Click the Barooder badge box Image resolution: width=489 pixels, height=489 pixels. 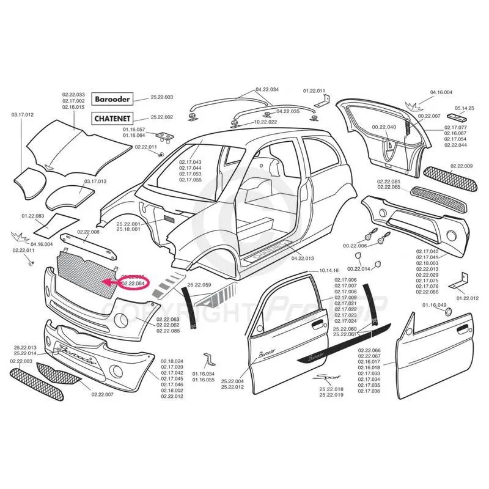112,98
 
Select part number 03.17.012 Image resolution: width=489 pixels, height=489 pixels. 23,114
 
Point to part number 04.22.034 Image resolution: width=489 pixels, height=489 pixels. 267,89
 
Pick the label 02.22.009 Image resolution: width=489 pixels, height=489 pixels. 461,166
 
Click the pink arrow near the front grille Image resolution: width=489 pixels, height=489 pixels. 111,282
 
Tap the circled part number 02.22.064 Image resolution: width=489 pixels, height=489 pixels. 133,284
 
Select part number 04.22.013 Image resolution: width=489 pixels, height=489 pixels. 303,258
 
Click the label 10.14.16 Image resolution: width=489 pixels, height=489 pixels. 328,270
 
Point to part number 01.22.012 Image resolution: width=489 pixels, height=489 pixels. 467,298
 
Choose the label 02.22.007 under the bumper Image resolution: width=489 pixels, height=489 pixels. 103,395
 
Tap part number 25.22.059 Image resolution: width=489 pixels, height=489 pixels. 199,285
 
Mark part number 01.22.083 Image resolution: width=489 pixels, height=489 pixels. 33,216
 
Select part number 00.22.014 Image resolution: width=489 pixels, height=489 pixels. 359,268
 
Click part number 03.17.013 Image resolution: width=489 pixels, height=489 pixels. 95,181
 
